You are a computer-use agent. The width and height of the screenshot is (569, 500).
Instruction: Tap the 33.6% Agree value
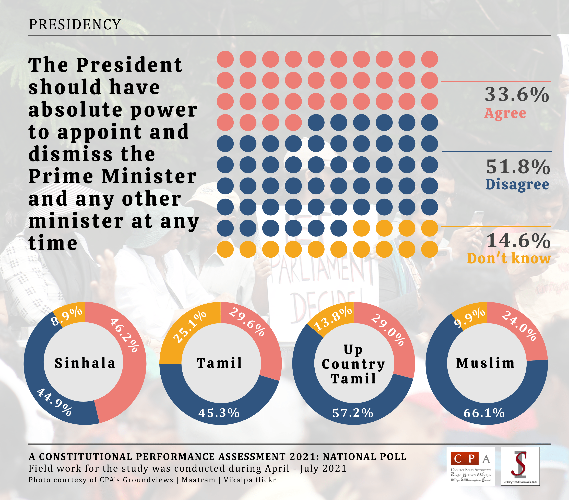pos(517,95)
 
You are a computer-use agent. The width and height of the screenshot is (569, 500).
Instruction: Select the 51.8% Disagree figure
pos(518,167)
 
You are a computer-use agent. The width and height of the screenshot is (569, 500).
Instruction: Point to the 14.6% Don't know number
pos(518,241)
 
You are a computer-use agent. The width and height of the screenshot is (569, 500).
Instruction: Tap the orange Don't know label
pos(509,258)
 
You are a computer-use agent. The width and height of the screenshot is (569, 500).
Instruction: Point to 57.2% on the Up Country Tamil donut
pos(353,413)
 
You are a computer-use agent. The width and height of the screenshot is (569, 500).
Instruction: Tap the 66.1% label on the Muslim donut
pos(484,413)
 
